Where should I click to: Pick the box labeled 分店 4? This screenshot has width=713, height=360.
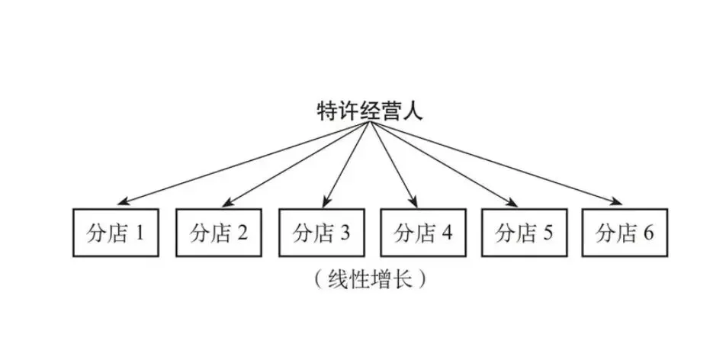pos(422,233)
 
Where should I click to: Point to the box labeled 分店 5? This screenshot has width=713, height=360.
pos(523,233)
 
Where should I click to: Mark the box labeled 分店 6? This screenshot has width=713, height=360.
pos(625,233)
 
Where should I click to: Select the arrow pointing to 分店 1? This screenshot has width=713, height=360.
pos(244,164)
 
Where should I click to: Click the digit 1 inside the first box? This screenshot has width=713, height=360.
pos(139,233)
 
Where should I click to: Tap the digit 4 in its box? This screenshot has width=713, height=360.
pos(445,233)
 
